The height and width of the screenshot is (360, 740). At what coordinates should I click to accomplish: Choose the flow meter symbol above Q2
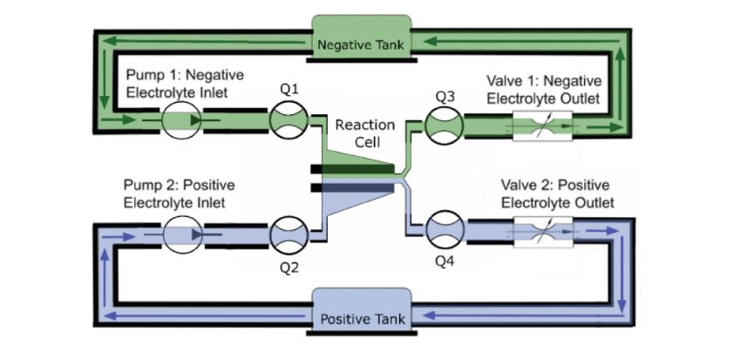click(289, 234)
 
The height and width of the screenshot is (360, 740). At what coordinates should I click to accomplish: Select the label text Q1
click(289, 91)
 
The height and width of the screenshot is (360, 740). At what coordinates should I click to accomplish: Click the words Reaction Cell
click(365, 133)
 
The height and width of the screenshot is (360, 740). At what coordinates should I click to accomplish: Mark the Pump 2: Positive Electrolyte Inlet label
click(180, 194)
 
